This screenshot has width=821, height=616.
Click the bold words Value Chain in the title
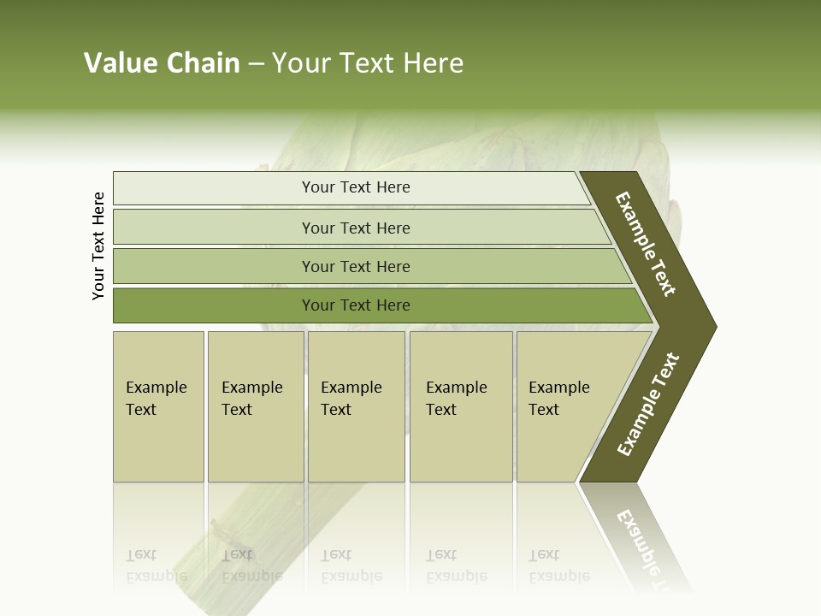pos(162,63)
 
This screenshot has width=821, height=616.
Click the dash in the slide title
pos(256,64)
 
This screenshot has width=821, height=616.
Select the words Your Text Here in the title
pos(368,63)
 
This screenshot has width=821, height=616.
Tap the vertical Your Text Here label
pos(98,246)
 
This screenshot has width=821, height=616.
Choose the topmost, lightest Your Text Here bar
pos(355,187)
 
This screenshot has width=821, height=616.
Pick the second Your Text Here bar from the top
pos(355,228)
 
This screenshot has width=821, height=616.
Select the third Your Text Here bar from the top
pos(355,266)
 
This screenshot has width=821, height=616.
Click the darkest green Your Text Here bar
pos(355,305)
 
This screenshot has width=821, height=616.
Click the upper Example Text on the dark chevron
pos(646,244)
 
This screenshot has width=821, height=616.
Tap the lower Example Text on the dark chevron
pos(648,405)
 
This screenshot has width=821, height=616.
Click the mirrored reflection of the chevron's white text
pos(646,543)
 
